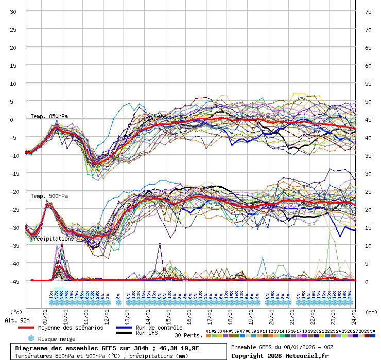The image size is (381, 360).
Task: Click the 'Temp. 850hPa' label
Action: click(49, 116)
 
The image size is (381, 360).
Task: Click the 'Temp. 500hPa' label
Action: click(49, 196)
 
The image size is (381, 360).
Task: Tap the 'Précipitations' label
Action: click(51, 239)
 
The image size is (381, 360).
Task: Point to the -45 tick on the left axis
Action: click(13, 281)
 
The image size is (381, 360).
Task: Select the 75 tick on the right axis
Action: click(368, 12)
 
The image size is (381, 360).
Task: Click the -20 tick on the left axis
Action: click(13, 191)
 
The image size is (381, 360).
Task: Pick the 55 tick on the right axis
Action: click(368, 84)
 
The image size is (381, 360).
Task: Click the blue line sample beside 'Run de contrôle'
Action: click(124, 328)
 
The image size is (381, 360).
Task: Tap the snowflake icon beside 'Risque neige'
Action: click(30, 339)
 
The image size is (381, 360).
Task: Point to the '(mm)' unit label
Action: click(371, 312)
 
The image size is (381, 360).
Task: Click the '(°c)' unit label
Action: click(16, 312)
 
